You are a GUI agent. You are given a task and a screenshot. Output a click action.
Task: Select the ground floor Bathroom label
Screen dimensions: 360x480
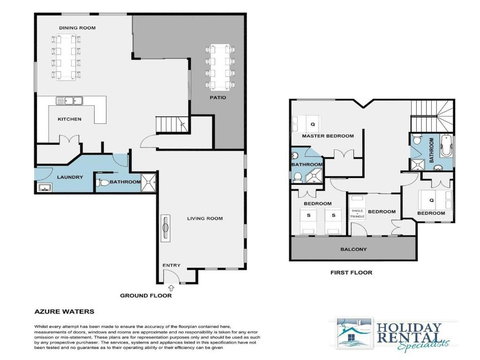point(123,182)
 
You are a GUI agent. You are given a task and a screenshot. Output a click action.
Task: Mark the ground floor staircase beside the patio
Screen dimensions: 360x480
point(170,124)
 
